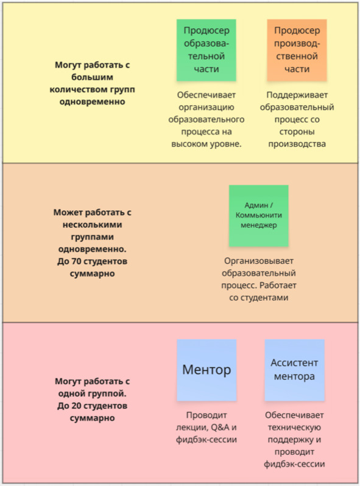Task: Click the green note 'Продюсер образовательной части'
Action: tap(206, 50)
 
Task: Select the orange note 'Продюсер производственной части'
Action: tap(297, 50)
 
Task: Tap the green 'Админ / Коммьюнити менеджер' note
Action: tap(259, 216)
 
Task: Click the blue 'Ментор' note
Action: tap(206, 370)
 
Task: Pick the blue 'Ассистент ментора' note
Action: tap(295, 370)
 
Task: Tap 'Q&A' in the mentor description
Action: tap(219, 428)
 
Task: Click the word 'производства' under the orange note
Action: tap(297, 144)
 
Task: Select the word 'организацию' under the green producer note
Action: tap(206, 107)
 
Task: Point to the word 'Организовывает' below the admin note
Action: tap(259, 261)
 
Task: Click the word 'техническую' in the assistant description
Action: tap(294, 428)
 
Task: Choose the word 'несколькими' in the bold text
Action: tap(92, 224)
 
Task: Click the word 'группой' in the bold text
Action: tap(108, 393)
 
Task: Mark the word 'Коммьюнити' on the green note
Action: tap(259, 215)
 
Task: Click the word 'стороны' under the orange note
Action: tap(297, 132)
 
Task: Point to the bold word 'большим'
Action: tap(92, 77)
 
